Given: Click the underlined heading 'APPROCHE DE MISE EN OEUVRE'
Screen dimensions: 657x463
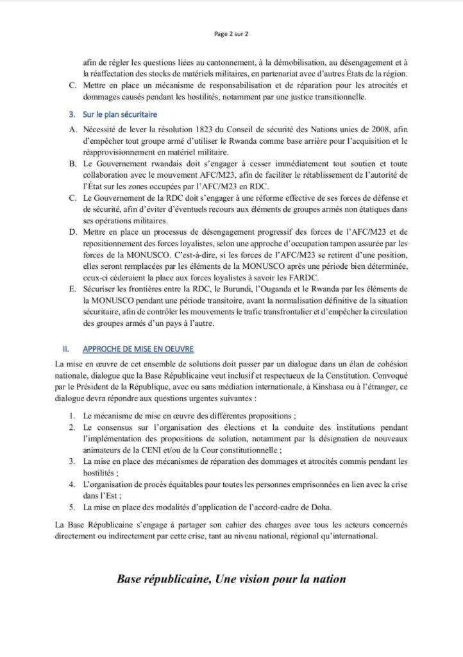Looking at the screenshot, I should [137, 348].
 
